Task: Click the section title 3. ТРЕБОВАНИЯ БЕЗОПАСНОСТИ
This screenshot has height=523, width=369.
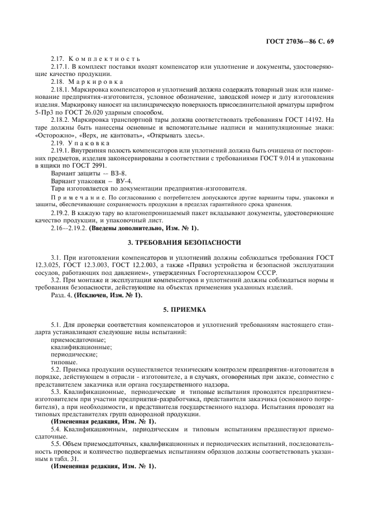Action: coord(184,243)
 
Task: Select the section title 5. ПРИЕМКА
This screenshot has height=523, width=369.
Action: coord(184,308)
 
